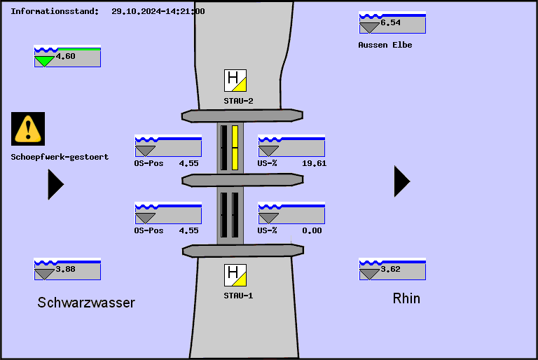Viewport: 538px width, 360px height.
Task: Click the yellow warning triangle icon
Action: coord(28,128)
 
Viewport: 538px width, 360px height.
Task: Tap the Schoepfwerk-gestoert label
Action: coord(60,157)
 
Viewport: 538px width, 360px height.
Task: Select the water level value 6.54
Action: coord(391,23)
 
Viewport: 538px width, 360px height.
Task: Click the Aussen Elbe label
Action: coord(385,45)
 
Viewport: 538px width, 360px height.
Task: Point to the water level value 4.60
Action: coord(66,57)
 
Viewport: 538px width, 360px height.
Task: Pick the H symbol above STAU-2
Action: coord(235,81)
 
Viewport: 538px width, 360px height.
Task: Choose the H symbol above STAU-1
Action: coord(235,275)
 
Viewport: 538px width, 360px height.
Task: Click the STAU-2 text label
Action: coord(238,101)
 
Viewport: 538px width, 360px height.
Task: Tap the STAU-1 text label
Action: coord(238,296)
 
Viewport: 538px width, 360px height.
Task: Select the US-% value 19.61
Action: coord(314,163)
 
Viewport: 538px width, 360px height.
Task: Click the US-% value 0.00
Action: coord(312,230)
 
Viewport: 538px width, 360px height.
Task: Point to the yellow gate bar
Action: coord(235,148)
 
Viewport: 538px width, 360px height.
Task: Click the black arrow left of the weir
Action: coord(55,184)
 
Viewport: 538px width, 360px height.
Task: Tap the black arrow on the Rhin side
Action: coord(401,181)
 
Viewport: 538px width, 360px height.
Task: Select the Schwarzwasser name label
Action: coord(86,303)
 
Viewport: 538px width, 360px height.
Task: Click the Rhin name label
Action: coord(406,298)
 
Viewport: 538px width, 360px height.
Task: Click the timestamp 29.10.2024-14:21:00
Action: coord(158,11)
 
